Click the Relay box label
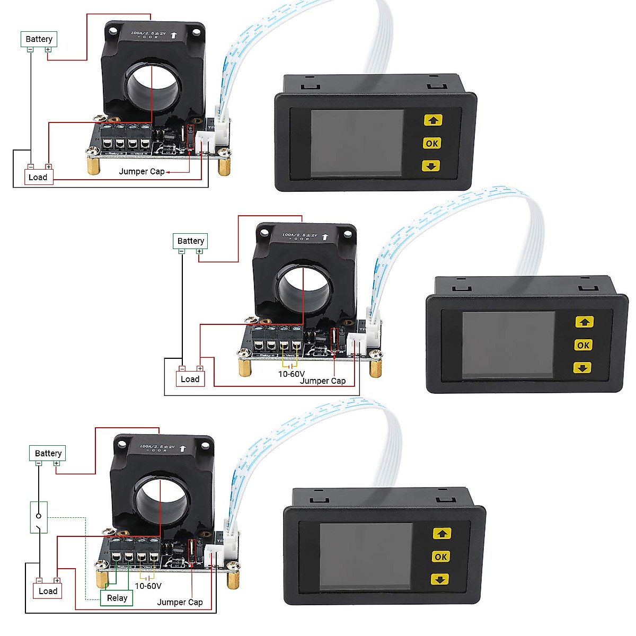pos(117,598)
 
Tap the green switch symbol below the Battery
pos(39,517)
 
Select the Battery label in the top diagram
pos(39,39)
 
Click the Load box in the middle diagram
pos(190,379)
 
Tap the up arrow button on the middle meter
pos(584,322)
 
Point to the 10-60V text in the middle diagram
pos(291,374)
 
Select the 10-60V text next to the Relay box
pos(148,586)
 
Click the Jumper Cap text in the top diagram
pos(142,171)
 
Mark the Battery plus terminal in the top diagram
pos(48,50)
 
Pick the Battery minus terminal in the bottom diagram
pos(39,463)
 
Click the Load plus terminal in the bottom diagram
pos(57,581)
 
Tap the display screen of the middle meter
pos(508,344)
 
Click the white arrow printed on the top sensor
pos(173,36)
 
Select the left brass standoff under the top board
pos(94,165)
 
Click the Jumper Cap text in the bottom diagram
pos(180,602)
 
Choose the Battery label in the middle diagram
pos(190,241)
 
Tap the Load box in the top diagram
pos(38,177)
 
